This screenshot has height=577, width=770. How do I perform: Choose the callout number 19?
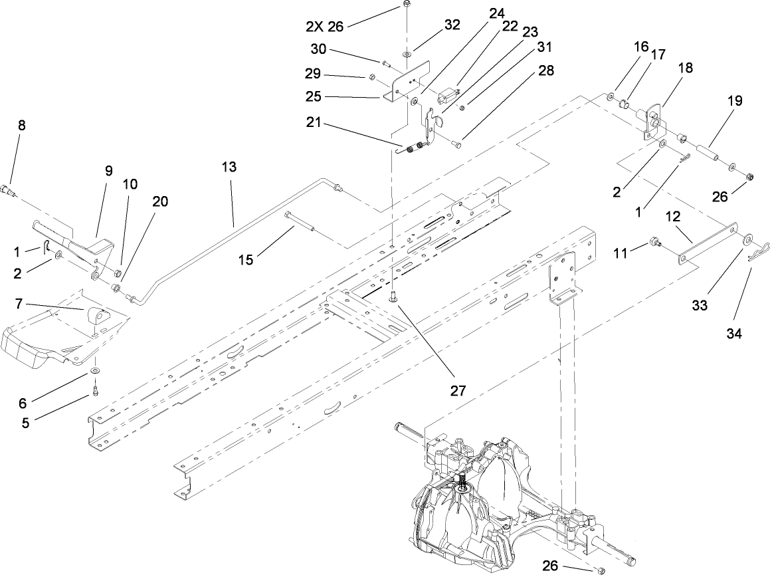click(x=735, y=102)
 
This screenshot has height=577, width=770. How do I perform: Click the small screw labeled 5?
click(x=96, y=390)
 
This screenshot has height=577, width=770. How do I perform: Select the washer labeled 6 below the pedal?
click(x=96, y=369)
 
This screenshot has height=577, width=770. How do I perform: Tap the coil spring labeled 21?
click(x=415, y=151)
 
